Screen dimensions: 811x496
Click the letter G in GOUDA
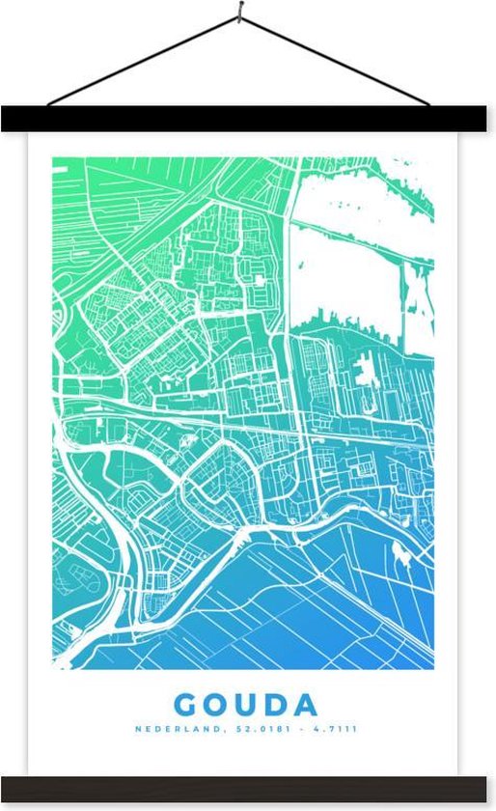[x=189, y=703]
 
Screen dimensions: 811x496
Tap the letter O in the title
[x=221, y=703]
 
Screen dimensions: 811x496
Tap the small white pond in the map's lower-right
[x=400, y=553]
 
